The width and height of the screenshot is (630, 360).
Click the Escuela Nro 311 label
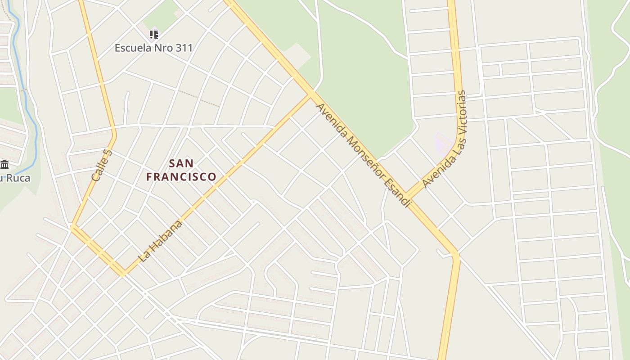[x=153, y=48]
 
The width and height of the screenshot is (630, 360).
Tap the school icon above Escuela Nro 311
[x=154, y=34]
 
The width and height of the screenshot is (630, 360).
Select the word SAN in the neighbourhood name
[x=181, y=163]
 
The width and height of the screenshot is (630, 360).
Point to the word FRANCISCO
[x=181, y=176]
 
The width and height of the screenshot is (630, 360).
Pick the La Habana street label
[x=161, y=241]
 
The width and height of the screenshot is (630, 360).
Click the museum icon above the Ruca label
[x=5, y=164]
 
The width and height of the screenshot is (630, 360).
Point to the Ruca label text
[x=18, y=178]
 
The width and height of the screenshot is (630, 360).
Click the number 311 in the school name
[x=182, y=48]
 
